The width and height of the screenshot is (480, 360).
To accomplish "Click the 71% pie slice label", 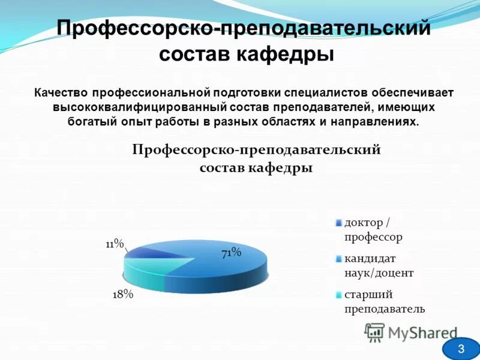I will click(x=231, y=253).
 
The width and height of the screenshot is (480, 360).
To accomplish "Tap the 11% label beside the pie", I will click(x=115, y=244).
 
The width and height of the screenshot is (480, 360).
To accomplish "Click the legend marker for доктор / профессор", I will click(x=339, y=223).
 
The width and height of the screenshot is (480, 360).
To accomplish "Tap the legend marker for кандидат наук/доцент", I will click(x=339, y=260).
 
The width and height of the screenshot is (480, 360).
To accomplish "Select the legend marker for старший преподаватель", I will click(x=339, y=295).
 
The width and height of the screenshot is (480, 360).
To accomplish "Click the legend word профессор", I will click(x=373, y=236).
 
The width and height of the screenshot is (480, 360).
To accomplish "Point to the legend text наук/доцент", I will click(x=379, y=273).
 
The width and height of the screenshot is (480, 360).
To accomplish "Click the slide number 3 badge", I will click(x=461, y=349).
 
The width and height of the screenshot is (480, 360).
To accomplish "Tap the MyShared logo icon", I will click(x=374, y=332).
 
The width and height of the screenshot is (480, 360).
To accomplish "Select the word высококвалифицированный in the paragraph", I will click(x=138, y=107).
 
